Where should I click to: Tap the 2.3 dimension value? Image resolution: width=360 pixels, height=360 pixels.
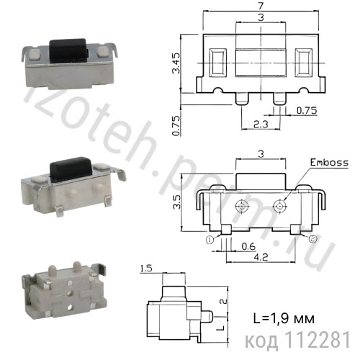[261, 125]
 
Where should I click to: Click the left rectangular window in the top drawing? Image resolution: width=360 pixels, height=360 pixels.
[217, 62]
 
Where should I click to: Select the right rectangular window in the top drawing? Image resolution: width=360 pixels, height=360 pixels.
[303, 62]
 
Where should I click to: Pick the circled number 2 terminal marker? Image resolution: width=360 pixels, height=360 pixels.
[311, 238]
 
